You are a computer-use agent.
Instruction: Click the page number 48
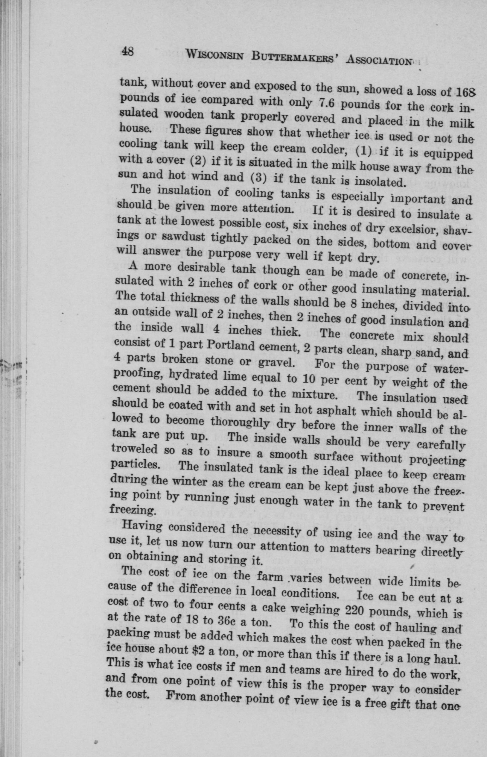(x=127, y=51)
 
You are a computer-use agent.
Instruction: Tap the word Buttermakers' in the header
(x=295, y=58)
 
